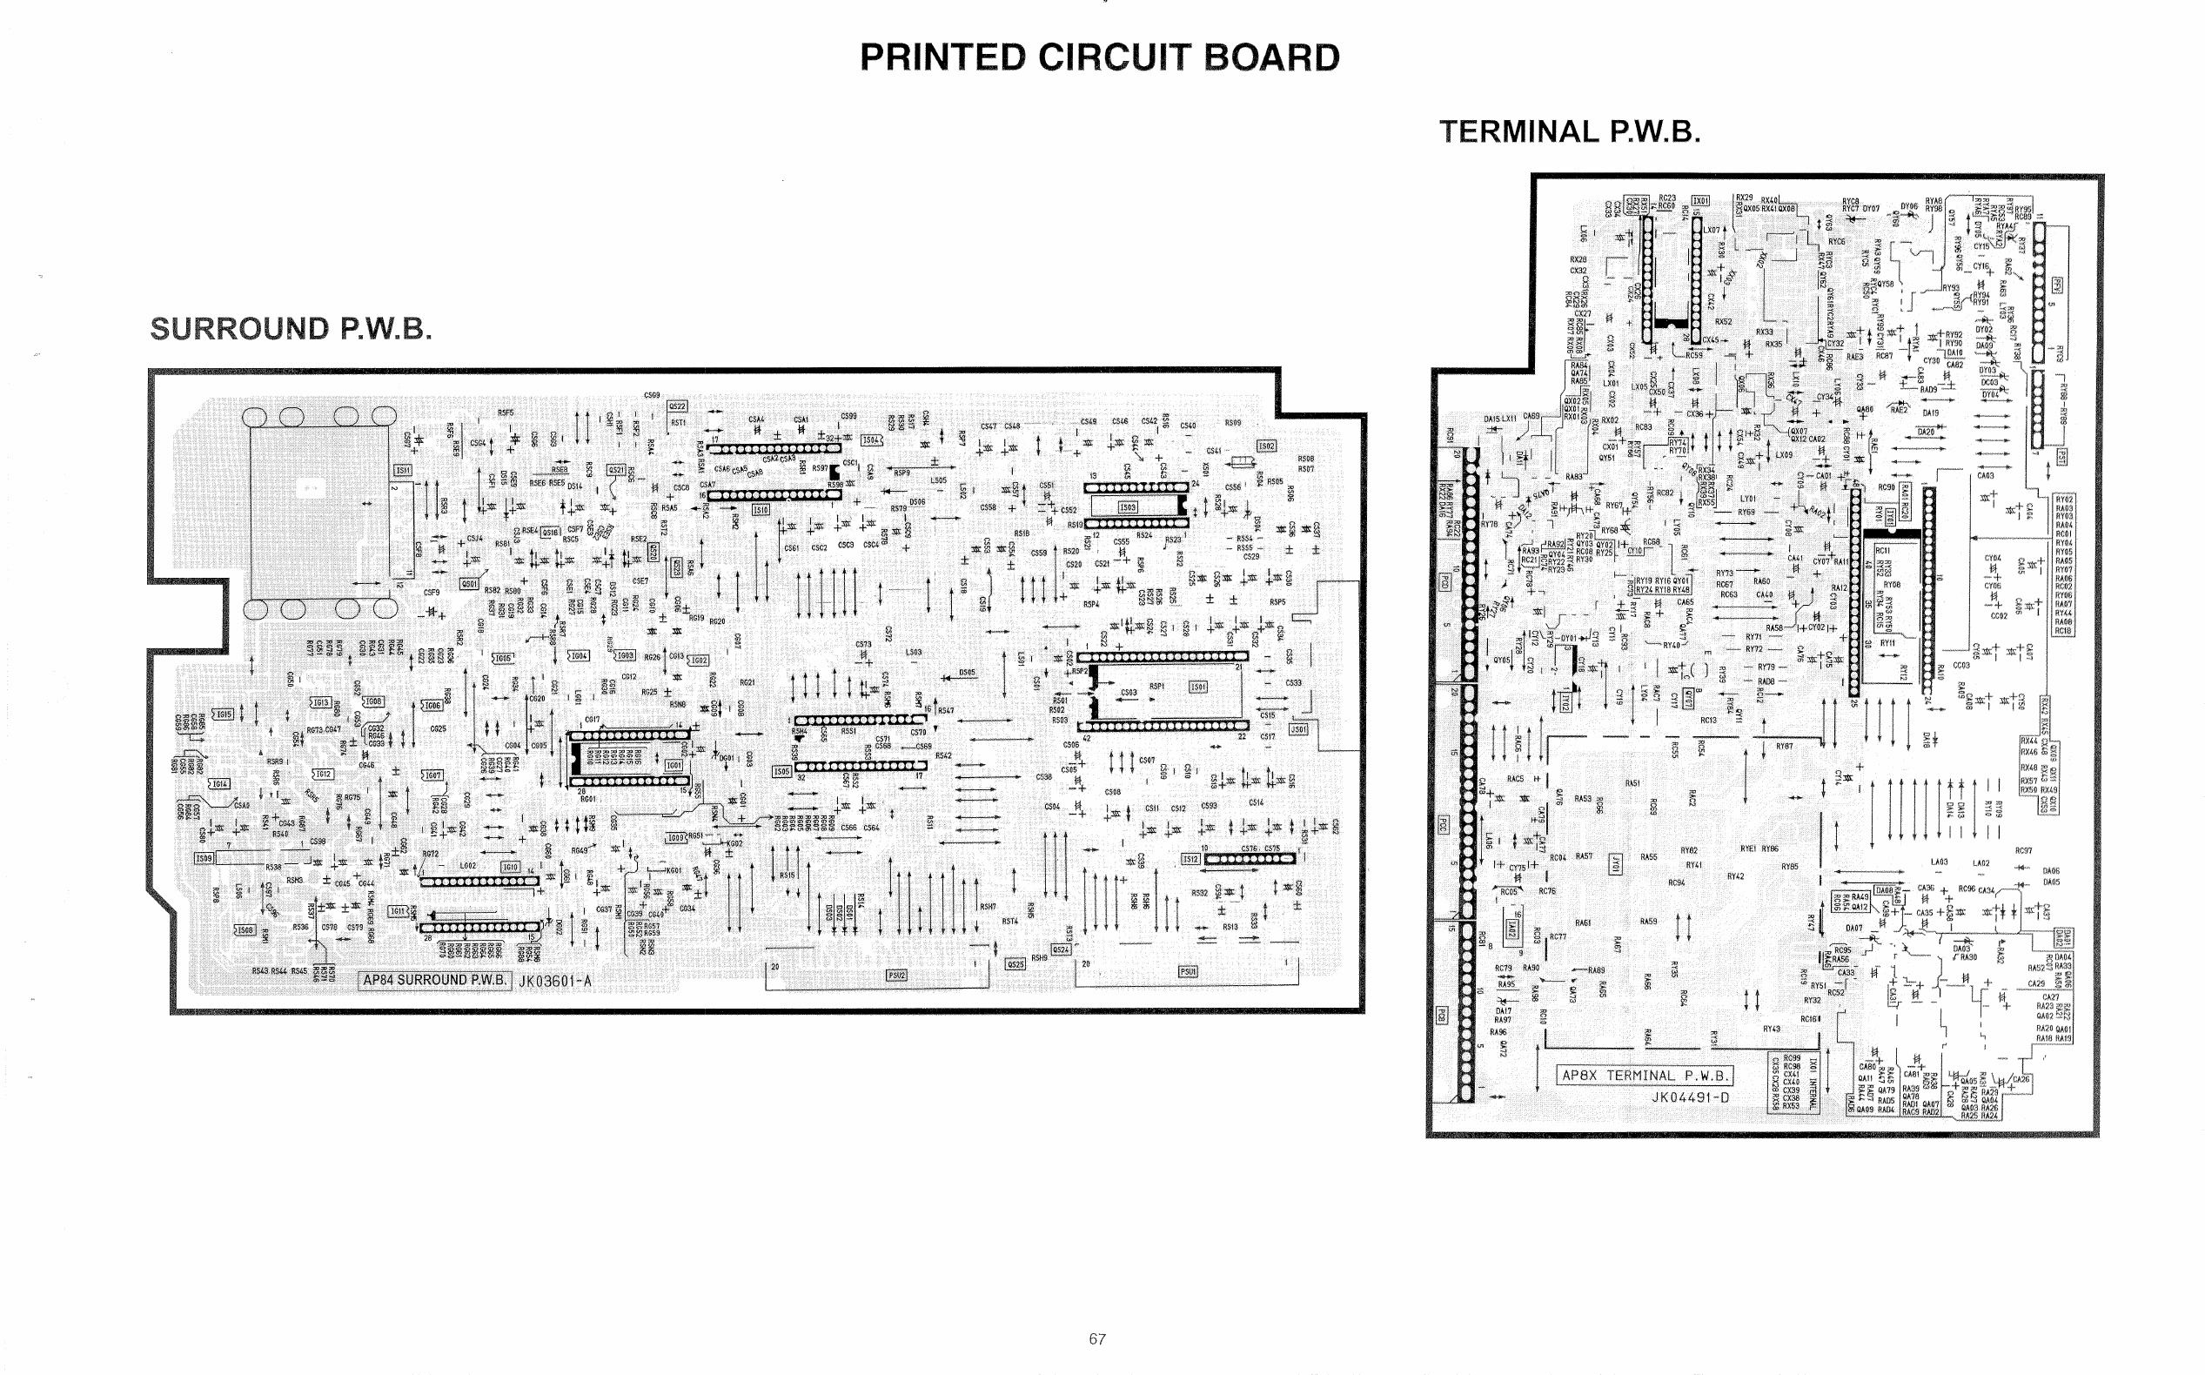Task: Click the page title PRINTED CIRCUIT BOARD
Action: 1099,57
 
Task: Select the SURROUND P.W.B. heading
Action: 290,328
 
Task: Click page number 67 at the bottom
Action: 1097,1338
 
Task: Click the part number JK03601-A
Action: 554,980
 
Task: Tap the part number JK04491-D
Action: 1691,1097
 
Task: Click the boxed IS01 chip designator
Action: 1198,687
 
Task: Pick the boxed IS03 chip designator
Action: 1128,506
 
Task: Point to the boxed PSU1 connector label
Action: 1189,971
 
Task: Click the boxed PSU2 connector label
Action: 896,975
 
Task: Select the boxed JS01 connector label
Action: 1298,728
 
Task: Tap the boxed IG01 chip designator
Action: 674,766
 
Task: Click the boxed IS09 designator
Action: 204,857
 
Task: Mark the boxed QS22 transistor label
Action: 677,406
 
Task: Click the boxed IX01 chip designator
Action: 1699,200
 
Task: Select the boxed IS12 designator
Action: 1190,858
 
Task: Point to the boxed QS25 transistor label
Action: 1015,964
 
